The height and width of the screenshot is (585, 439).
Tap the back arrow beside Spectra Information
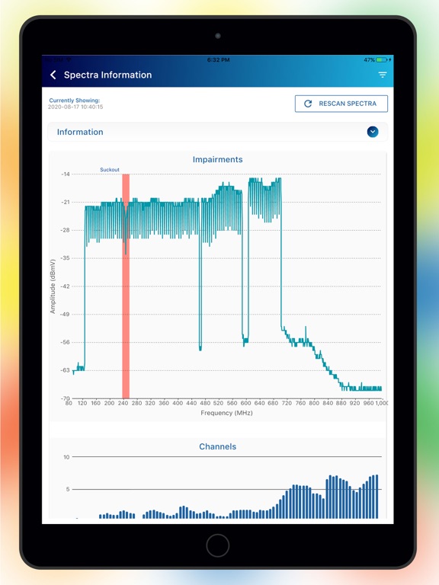click(x=53, y=75)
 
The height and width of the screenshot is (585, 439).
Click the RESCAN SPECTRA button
click(x=341, y=104)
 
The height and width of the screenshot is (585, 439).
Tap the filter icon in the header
click(x=383, y=75)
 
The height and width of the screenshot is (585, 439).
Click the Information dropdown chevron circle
click(x=372, y=132)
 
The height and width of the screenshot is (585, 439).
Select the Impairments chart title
click(x=218, y=159)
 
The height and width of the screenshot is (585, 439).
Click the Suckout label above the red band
click(x=110, y=170)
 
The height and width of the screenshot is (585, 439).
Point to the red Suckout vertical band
click(x=126, y=286)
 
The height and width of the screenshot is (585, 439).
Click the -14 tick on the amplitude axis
click(x=66, y=174)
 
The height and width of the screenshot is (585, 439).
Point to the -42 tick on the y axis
click(x=66, y=286)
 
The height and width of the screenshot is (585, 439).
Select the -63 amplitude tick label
click(x=66, y=370)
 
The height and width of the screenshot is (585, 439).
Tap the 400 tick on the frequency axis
click(x=178, y=403)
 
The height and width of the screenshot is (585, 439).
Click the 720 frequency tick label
click(x=287, y=403)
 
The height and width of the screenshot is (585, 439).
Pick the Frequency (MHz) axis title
click(x=226, y=413)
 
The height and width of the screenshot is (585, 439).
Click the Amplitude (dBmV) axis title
click(x=53, y=286)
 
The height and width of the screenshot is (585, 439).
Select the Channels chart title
click(x=218, y=446)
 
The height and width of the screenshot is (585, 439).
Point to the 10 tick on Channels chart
click(x=66, y=457)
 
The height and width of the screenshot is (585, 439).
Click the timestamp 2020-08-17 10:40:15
click(x=75, y=107)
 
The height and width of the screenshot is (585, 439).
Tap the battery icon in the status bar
click(x=382, y=59)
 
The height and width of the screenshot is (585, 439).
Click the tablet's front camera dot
click(x=218, y=36)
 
